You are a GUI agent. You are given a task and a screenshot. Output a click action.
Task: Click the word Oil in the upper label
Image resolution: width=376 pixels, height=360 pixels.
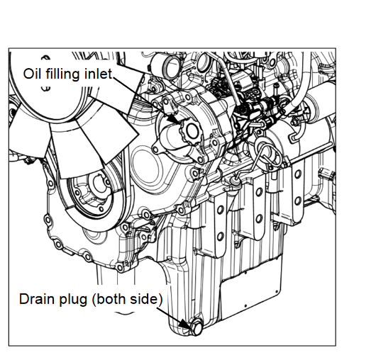point(32,74)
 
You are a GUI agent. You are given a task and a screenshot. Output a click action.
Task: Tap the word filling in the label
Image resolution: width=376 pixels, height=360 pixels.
point(62,74)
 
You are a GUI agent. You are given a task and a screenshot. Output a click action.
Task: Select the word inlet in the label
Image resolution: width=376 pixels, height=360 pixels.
point(99,74)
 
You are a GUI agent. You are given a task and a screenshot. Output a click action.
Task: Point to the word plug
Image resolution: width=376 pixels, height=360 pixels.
point(73,300)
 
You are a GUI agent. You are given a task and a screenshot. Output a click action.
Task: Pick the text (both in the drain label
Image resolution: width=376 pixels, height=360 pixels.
point(108,299)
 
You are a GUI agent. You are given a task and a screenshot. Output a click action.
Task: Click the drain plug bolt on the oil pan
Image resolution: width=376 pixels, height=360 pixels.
point(196,327)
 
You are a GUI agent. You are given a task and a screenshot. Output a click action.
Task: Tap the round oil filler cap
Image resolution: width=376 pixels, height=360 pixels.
point(190,131)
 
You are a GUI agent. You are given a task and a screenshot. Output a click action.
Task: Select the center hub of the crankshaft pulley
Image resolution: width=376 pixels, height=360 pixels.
point(98,185)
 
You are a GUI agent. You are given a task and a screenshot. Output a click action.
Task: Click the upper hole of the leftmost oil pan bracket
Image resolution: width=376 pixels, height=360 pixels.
point(220,210)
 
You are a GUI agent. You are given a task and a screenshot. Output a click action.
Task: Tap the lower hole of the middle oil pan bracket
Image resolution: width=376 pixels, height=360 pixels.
point(259,218)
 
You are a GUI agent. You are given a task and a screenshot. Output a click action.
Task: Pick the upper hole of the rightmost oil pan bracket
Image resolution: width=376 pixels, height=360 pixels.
point(298,174)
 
